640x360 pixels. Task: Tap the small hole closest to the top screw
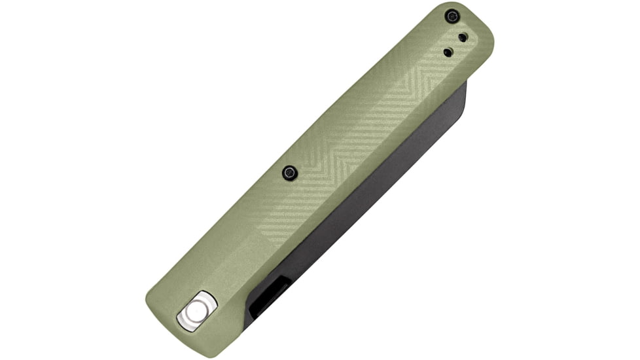point(463,38)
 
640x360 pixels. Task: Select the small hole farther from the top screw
point(448,52)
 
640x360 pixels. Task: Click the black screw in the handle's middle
point(289,173)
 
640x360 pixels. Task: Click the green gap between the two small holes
point(455,45)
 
